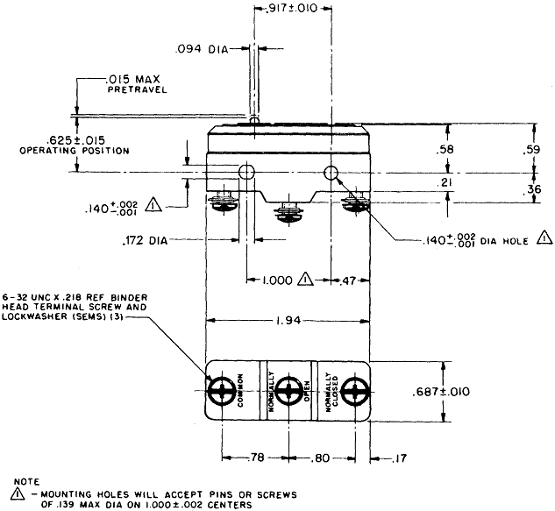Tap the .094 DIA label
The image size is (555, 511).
click(x=202, y=50)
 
